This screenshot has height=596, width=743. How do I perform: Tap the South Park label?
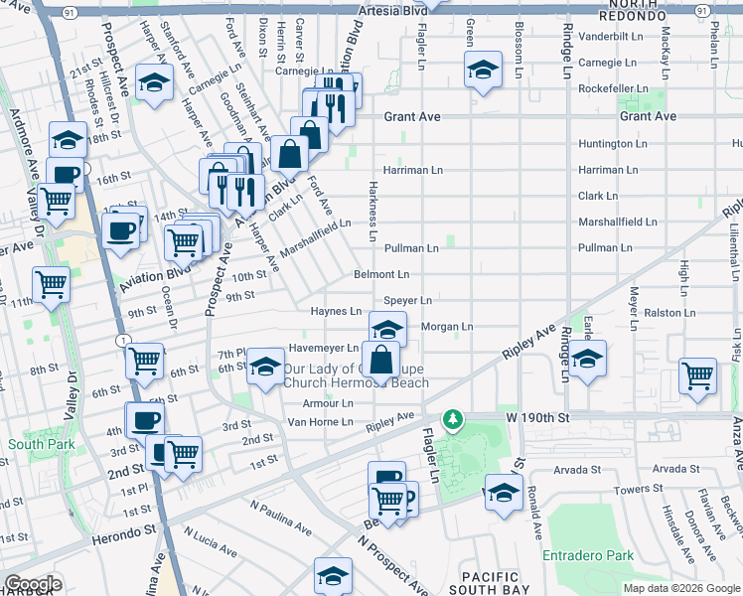[34, 444]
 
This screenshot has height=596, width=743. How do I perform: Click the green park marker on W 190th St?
[453, 419]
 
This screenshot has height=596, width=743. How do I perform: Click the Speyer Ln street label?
[407, 300]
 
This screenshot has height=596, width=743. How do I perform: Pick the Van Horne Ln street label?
[320, 422]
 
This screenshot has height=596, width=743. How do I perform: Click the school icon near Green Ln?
[482, 71]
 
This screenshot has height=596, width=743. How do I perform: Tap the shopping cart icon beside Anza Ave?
[698, 376]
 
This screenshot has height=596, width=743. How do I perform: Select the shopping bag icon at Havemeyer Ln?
[380, 360]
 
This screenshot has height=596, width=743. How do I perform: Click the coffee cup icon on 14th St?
[121, 231]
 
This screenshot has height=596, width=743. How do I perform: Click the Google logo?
[33, 584]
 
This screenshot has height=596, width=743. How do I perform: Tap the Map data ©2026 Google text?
[680, 588]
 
